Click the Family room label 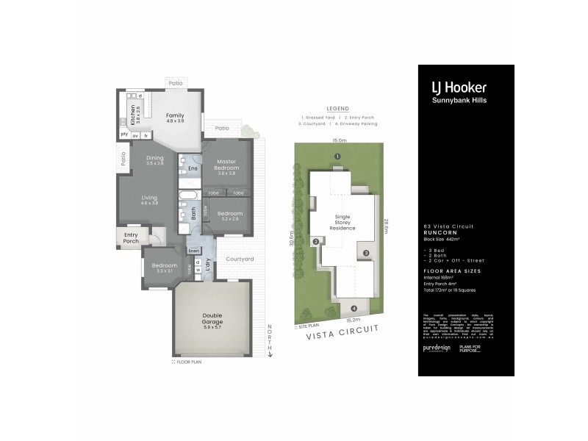click(x=174, y=115)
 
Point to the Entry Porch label click(x=131, y=237)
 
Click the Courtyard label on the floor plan click(x=240, y=259)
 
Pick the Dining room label click(x=154, y=157)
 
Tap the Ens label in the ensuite click(x=192, y=169)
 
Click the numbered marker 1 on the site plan click(x=337, y=156)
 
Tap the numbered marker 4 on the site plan click(x=354, y=308)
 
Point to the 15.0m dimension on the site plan click(x=339, y=140)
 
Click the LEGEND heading click(x=338, y=107)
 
